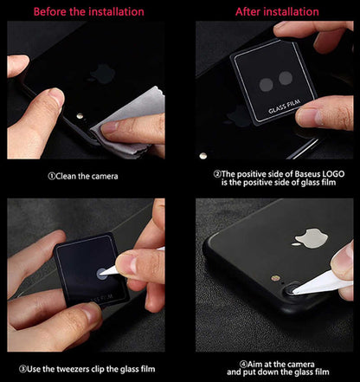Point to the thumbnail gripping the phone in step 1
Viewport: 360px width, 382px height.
tap(54, 98)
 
